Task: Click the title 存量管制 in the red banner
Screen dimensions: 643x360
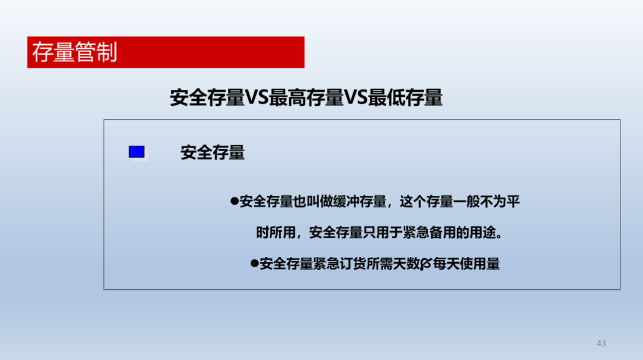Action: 74,52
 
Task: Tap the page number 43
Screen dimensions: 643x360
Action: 601,343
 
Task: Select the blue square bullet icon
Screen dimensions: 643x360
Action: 136,152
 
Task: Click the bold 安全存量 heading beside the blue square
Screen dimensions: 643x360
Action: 213,152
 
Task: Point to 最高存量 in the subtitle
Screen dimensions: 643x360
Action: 307,98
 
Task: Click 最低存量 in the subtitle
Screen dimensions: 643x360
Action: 405,98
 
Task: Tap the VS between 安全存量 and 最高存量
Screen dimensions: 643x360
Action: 257,98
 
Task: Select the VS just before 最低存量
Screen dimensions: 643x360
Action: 355,98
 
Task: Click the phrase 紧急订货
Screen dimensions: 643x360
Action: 339,264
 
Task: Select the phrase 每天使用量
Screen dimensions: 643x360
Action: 467,264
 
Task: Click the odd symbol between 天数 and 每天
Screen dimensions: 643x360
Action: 426,264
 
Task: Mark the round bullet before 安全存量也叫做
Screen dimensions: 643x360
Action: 235,201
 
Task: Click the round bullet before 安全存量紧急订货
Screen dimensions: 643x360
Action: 254,263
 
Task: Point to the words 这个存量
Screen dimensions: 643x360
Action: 426,201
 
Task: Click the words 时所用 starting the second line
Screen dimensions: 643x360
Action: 276,233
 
